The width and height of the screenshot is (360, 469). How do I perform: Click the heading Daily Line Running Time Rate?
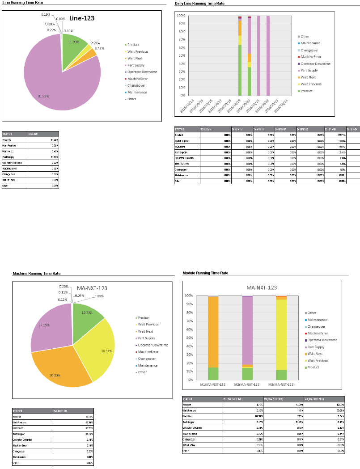(x=199, y=4)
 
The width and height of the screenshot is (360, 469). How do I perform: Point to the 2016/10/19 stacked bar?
(x=240, y=56)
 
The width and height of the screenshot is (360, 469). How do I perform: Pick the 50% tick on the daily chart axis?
(x=181, y=55)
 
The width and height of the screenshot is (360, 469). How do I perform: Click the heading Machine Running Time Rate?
(x=36, y=273)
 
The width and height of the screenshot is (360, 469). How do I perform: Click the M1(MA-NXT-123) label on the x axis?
(x=213, y=384)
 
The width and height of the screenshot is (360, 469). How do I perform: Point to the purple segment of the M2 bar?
(x=247, y=329)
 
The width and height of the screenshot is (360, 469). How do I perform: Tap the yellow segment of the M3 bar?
(x=281, y=333)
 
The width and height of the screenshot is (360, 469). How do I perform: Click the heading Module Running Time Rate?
(x=205, y=273)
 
